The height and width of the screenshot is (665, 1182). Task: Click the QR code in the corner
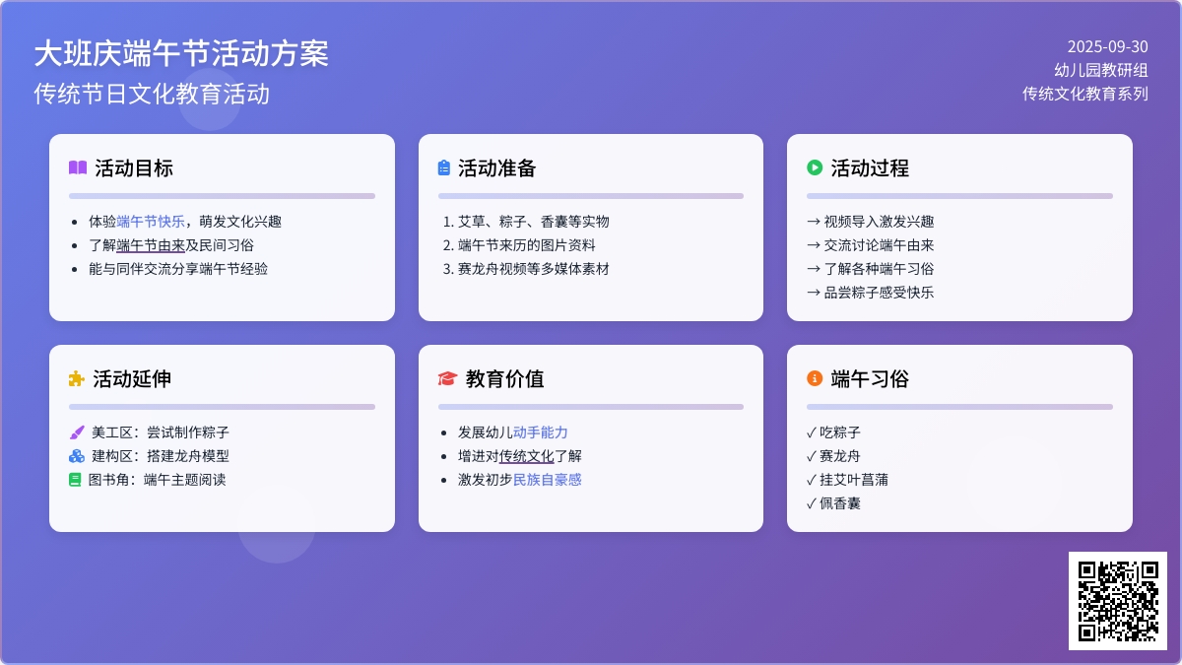(x=1118, y=601)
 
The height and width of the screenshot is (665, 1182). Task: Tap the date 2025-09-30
(x=1107, y=47)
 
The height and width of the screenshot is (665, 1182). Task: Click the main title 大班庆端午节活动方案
(x=181, y=54)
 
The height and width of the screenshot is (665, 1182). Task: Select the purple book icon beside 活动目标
(x=78, y=167)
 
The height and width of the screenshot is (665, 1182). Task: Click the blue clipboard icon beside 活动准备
(x=444, y=167)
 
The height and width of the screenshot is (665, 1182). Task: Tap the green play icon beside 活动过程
(x=815, y=167)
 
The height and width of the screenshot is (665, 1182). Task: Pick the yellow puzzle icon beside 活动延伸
(x=77, y=379)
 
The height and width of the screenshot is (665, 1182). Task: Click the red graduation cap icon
(x=447, y=379)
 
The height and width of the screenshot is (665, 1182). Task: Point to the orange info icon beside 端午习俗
(x=815, y=378)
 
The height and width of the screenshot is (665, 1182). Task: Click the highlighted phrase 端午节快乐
(x=151, y=222)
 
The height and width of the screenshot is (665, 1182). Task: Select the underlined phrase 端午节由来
(x=151, y=245)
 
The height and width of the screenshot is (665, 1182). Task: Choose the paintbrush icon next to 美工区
(x=77, y=432)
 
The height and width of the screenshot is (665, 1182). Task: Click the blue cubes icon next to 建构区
(x=77, y=456)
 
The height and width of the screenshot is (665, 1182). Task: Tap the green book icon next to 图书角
(x=75, y=480)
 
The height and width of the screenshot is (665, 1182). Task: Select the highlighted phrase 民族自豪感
(x=548, y=480)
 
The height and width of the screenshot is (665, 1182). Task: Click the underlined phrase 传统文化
(x=526, y=456)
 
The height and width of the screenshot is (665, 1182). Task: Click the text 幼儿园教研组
(x=1101, y=70)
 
